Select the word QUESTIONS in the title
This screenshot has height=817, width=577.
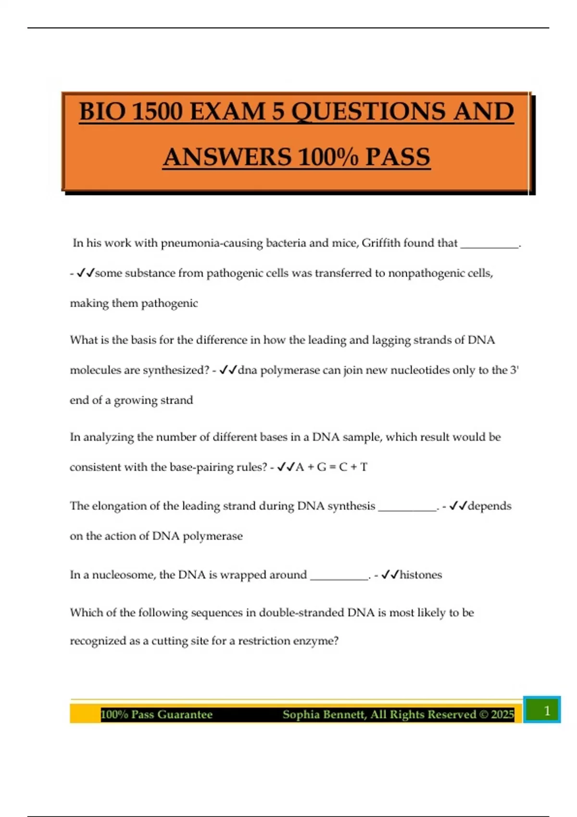[368, 111]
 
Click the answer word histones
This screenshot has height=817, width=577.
[421, 575]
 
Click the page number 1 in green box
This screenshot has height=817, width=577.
[547, 710]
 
